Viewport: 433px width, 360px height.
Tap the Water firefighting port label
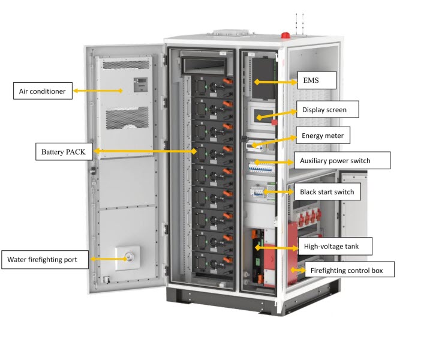(x=46, y=260)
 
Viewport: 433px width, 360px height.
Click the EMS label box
(x=317, y=79)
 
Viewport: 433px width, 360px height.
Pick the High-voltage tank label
(x=335, y=245)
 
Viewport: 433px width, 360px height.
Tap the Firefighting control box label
(x=350, y=270)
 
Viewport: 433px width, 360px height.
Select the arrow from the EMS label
(x=276, y=80)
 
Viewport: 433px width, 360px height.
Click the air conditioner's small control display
(x=139, y=84)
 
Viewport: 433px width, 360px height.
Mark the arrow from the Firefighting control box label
(x=297, y=269)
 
